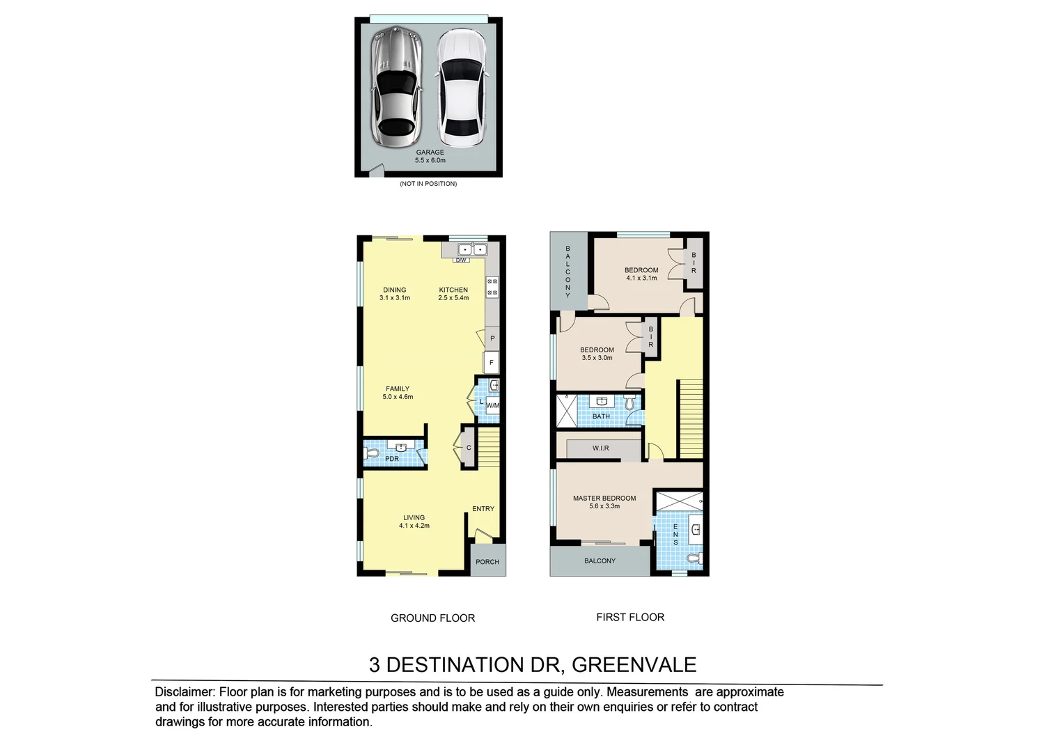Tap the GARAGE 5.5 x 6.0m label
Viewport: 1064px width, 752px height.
[x=430, y=156]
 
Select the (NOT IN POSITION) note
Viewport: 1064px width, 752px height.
[x=428, y=184]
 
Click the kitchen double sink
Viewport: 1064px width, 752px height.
[x=472, y=249]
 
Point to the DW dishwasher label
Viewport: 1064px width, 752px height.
[x=461, y=260]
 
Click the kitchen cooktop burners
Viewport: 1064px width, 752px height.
[x=492, y=287]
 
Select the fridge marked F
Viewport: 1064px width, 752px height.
[x=492, y=362]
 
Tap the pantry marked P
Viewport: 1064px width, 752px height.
[x=492, y=338]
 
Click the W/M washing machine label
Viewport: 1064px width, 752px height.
[x=492, y=405]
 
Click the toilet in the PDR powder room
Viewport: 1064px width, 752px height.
[x=372, y=453]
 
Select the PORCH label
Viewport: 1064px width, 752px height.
[x=487, y=562]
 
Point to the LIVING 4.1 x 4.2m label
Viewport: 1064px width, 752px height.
[x=414, y=522]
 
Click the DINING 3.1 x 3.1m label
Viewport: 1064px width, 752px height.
[x=395, y=294]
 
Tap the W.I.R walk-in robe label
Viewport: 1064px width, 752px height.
[x=601, y=448]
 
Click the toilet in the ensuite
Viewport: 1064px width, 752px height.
[x=694, y=558]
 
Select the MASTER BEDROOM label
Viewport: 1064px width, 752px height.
[x=604, y=499]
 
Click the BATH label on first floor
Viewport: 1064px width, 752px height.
[x=601, y=416]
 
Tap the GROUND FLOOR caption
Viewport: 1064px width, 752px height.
[x=432, y=618]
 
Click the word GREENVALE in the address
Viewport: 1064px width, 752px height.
[x=634, y=665]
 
